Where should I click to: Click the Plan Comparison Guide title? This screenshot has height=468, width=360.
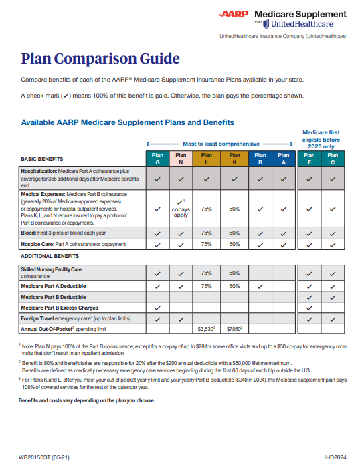pos(100,58)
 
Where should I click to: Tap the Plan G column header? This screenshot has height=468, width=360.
pos(157,159)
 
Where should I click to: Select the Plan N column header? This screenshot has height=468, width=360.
pos(181,159)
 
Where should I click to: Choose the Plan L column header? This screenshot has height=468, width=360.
pos(207,159)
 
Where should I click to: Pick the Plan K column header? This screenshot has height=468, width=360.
pos(234,159)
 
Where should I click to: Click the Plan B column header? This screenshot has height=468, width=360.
pos(260,159)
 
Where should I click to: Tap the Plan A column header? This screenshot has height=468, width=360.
pos(284,159)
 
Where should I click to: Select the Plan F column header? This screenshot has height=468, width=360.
pos(309,159)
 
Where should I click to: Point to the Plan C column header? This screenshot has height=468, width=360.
pos(333,159)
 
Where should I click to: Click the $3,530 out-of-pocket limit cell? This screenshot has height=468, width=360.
pos(207,329)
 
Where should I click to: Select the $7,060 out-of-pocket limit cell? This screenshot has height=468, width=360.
pos(234,329)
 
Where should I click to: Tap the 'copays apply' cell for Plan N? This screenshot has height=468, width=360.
pos(181,209)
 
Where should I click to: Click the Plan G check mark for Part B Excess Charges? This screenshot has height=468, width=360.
pos(157,308)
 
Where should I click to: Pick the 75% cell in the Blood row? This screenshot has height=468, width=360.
pos(207,233)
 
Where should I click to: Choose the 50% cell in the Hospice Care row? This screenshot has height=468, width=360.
pos(234,244)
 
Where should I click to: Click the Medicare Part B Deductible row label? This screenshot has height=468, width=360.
pos(54,296)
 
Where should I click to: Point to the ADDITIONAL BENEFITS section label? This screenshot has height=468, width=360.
pos(50,256)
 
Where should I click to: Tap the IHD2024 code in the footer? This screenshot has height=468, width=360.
pos(333,457)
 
